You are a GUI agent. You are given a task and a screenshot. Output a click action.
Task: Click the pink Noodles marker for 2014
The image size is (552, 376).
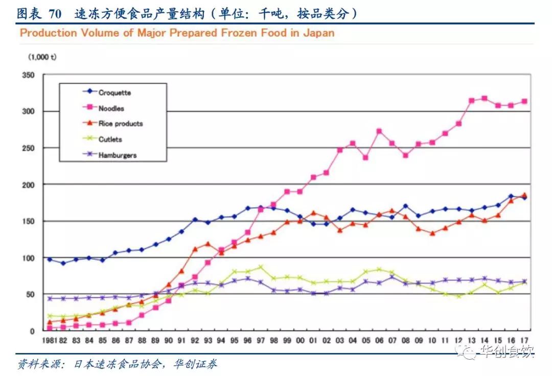point(484,98)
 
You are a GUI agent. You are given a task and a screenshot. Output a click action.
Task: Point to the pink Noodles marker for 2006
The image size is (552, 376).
point(379,131)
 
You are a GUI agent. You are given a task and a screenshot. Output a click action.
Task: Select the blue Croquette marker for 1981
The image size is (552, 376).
point(50,259)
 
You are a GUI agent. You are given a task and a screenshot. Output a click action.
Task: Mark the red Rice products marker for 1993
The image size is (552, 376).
point(208,244)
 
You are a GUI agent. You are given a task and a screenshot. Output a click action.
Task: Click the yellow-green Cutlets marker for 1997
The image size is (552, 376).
point(261,267)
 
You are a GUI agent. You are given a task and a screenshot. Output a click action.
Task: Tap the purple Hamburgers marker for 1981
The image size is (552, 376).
point(50,298)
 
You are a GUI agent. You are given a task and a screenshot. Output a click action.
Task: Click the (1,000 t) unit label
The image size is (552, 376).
point(42,57)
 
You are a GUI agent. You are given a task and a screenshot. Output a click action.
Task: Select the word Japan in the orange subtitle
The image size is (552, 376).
point(319,34)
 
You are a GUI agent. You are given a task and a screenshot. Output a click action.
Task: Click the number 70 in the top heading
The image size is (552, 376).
point(55,14)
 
